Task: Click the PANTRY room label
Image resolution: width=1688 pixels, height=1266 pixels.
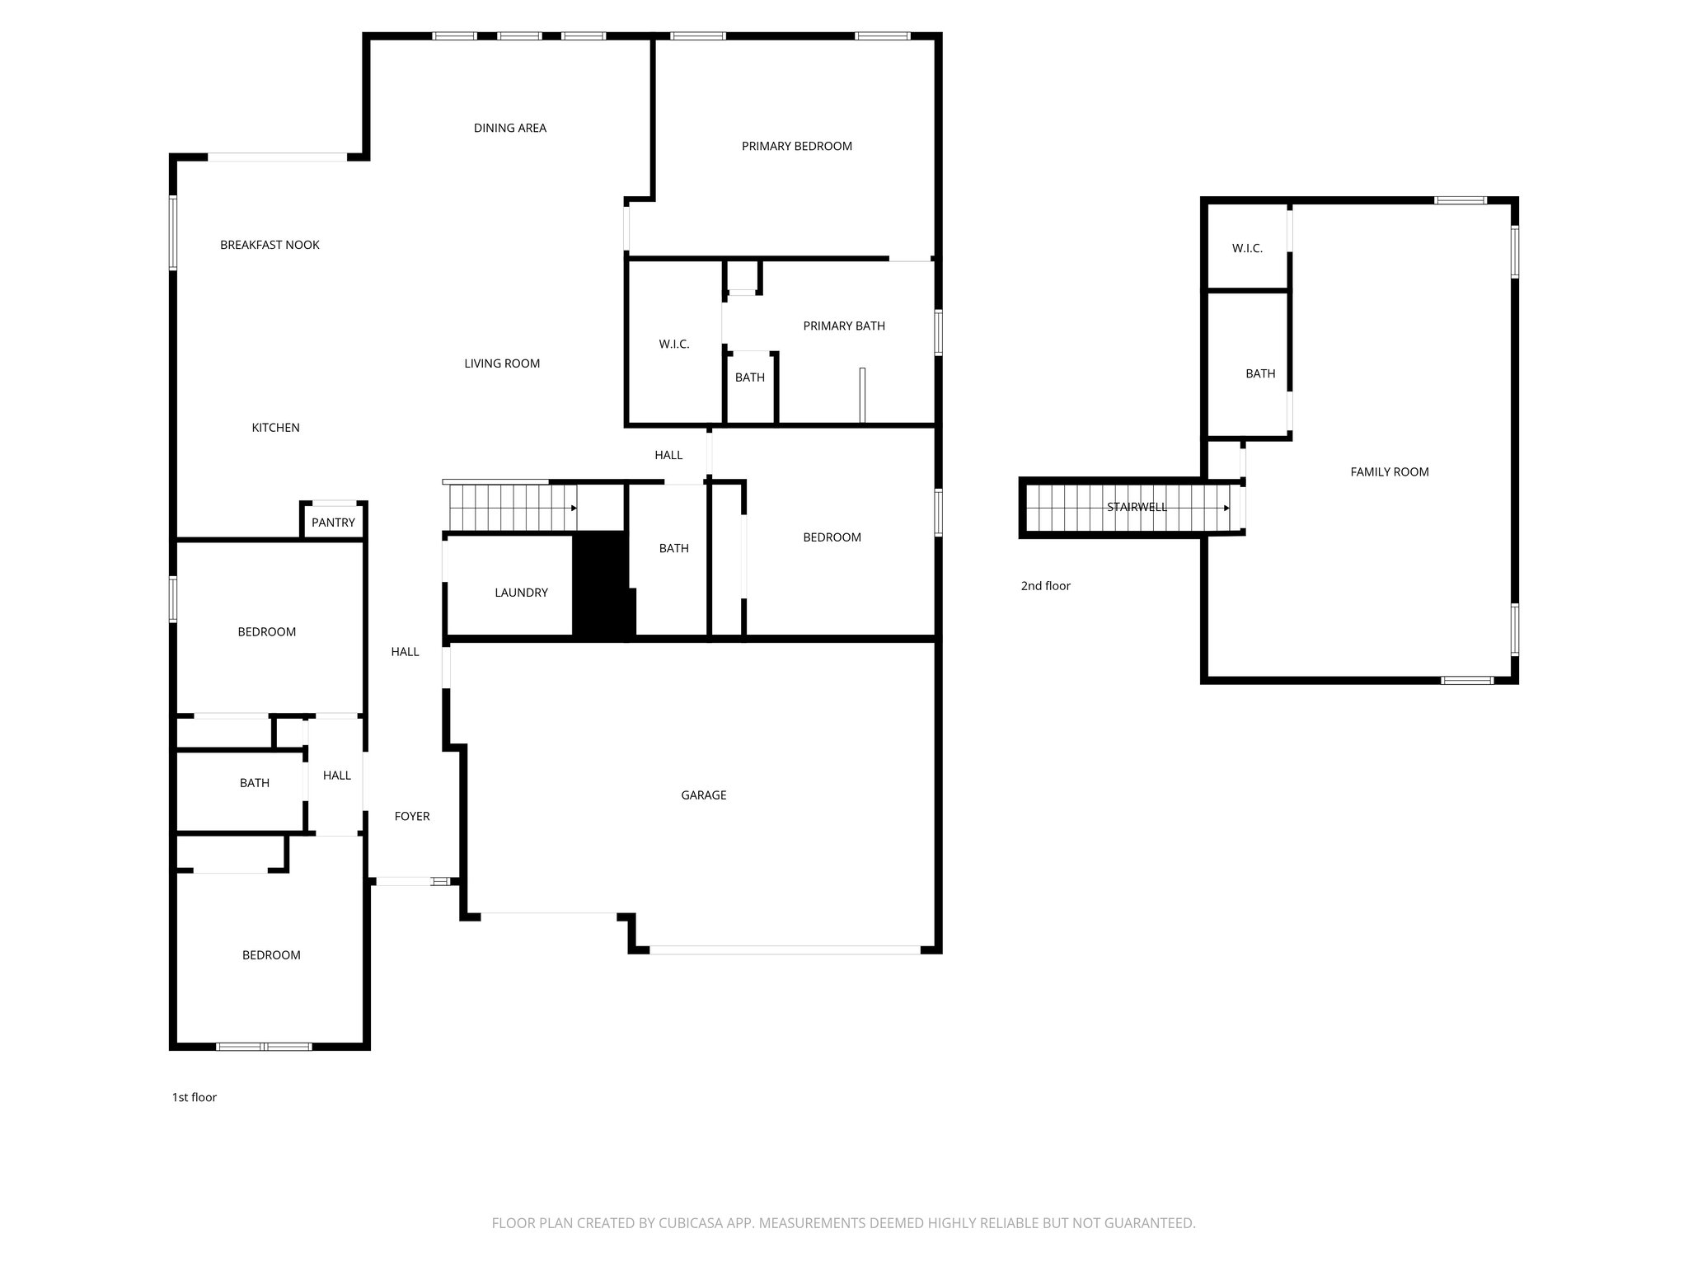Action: click(x=333, y=523)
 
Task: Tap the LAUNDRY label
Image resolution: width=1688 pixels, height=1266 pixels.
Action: click(x=521, y=593)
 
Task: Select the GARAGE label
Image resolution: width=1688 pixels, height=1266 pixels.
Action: click(x=703, y=795)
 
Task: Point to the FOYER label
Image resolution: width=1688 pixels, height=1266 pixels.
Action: click(x=412, y=817)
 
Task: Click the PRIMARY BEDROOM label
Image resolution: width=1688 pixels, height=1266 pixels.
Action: click(x=796, y=147)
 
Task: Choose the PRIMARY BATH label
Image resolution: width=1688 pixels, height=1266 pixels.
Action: click(x=844, y=326)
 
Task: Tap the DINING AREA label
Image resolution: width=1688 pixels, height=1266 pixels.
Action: click(x=509, y=129)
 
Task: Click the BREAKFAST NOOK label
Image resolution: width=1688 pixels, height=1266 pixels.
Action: click(x=270, y=246)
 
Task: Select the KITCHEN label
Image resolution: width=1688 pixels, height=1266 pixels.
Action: click(x=275, y=428)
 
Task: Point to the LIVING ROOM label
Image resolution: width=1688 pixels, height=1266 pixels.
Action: click(x=501, y=363)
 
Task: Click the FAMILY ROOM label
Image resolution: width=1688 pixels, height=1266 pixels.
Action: click(x=1389, y=472)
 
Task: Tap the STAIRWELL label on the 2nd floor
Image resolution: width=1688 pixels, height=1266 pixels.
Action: click(x=1137, y=508)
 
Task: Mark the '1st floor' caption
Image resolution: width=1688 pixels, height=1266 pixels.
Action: click(x=195, y=1098)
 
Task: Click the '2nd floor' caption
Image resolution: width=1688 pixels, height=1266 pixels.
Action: click(x=1045, y=586)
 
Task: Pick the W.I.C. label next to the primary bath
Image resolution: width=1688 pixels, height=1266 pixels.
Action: click(x=673, y=345)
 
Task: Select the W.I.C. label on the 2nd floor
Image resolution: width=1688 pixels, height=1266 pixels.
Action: click(x=1247, y=249)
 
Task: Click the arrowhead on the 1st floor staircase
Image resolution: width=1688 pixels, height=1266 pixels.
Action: click(x=574, y=509)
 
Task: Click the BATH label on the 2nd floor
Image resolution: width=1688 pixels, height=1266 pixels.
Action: click(x=1259, y=374)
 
